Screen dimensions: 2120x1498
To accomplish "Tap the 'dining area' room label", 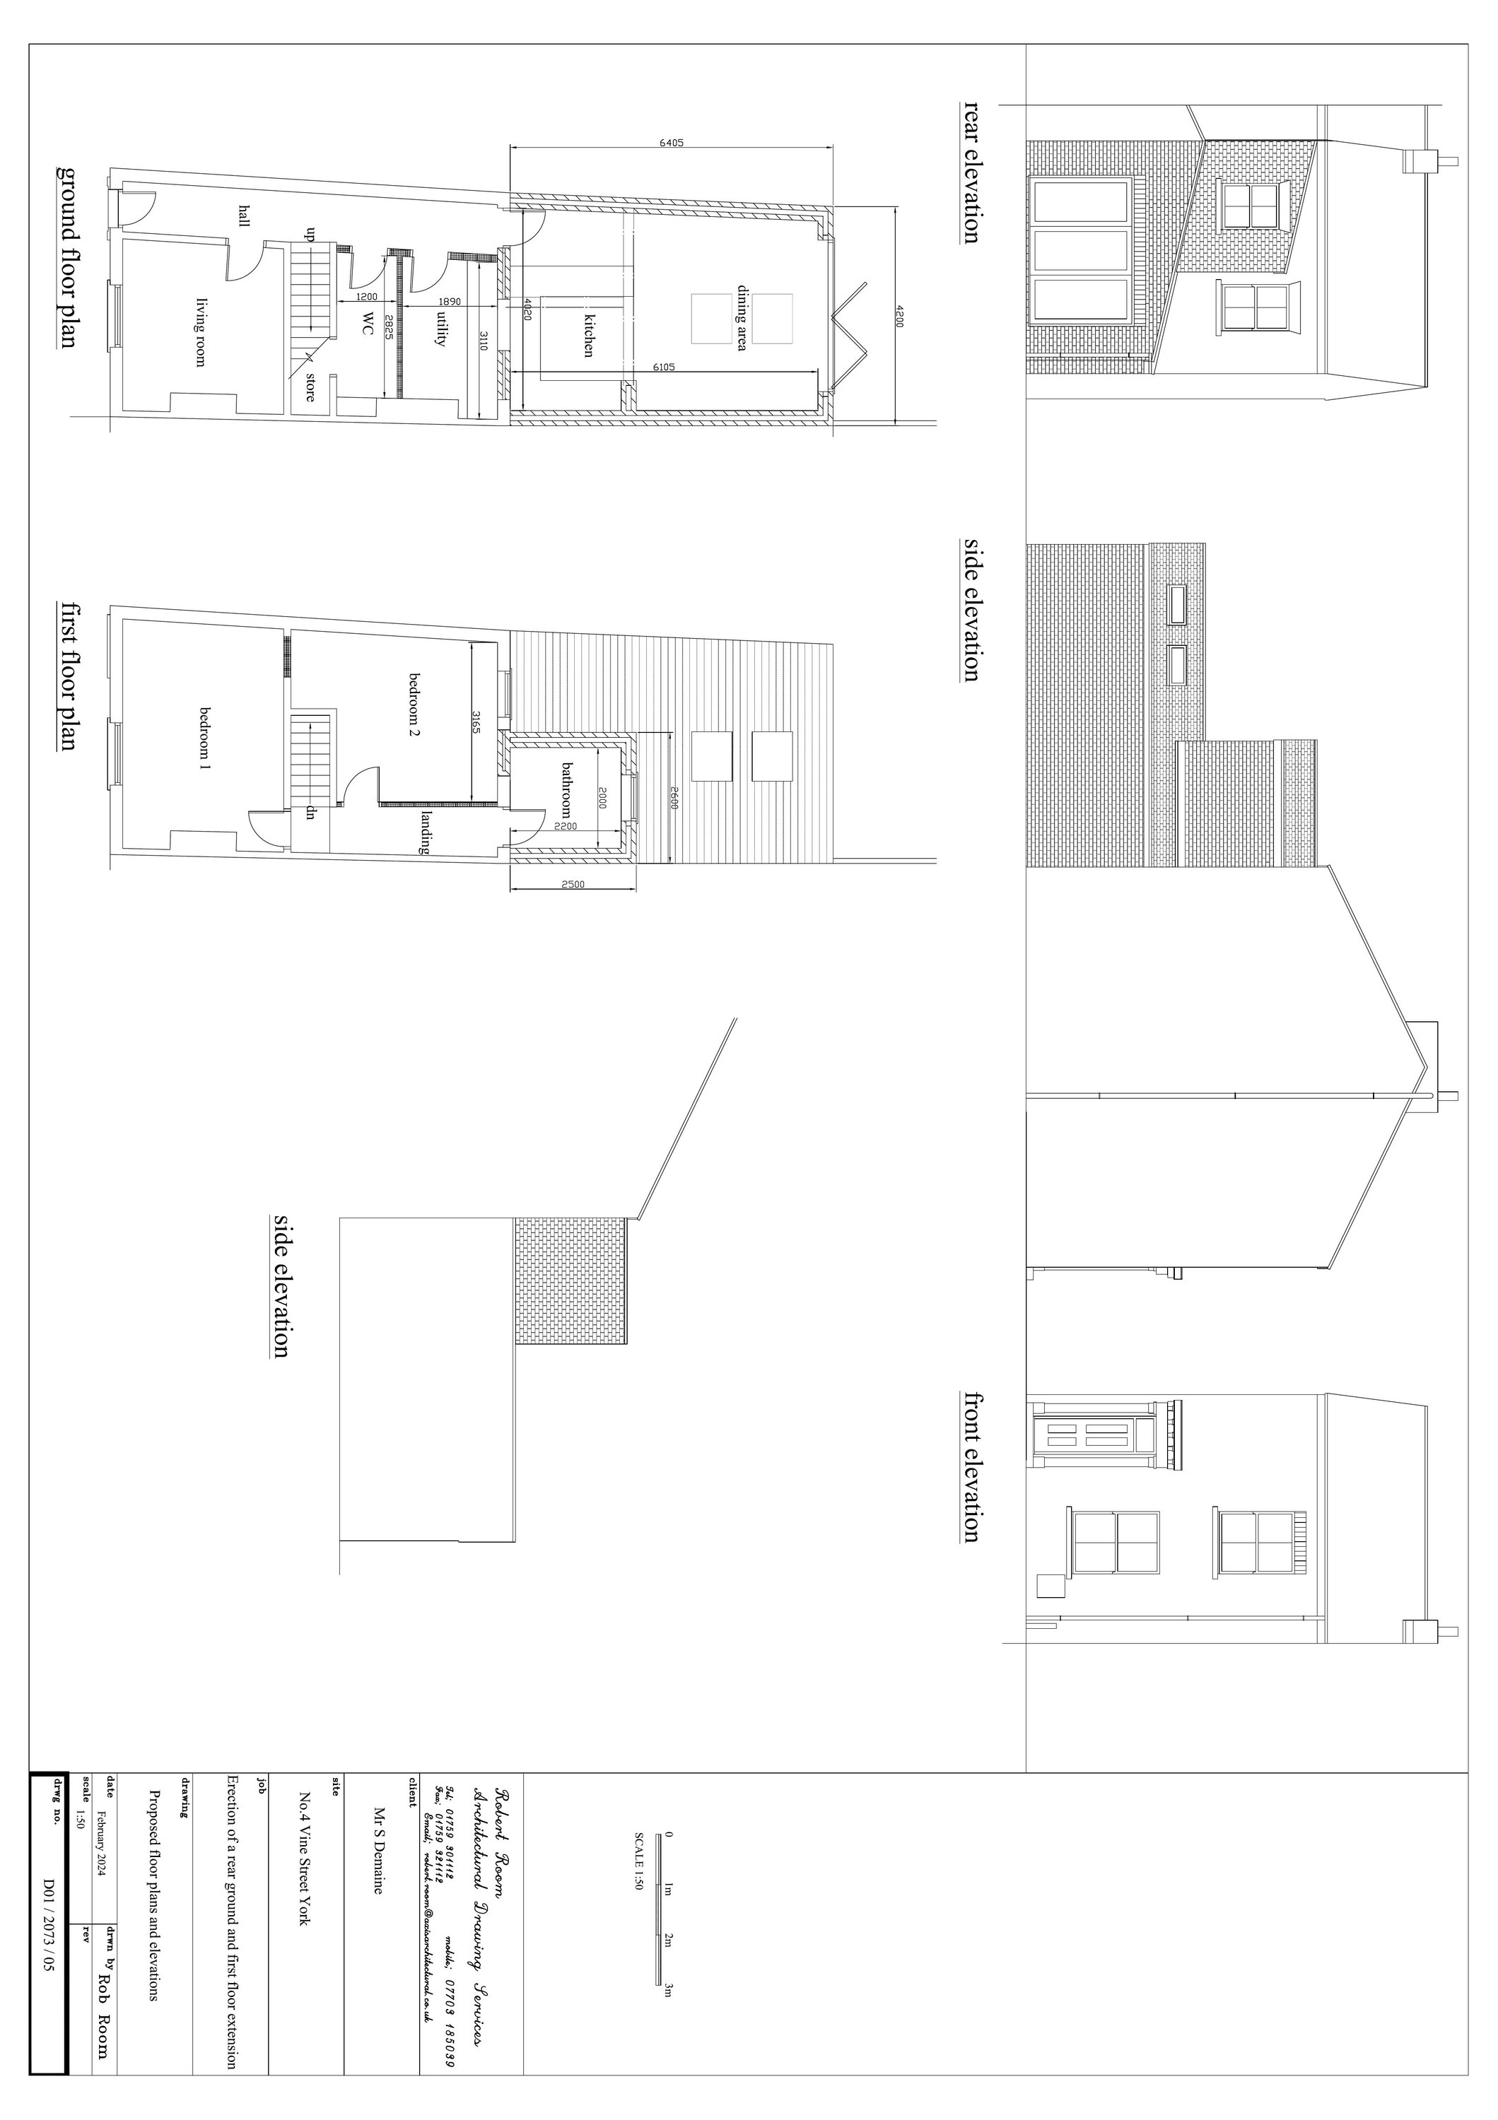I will coord(742,319).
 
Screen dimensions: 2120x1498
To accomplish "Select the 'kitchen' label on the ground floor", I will coord(587,334).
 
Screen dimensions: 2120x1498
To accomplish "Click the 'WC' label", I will coord(368,323).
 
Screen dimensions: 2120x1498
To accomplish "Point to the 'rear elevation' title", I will coord(971,172).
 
